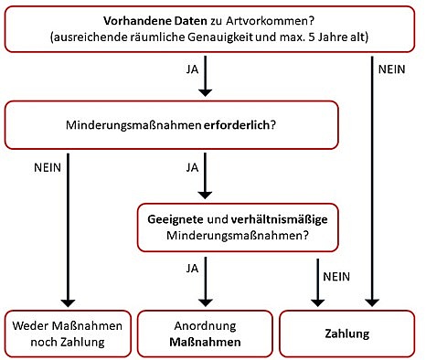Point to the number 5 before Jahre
point(312,37)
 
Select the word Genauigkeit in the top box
point(220,37)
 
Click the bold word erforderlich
point(237,125)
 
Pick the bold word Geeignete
point(176,219)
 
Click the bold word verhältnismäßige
point(279,219)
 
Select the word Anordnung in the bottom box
point(205,326)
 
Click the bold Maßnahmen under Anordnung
point(205,342)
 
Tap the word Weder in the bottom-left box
point(29,325)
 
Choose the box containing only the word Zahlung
point(347,334)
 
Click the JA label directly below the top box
point(192,69)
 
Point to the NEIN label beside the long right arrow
point(391,69)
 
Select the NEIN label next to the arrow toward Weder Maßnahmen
point(48,167)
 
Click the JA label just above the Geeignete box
point(192,167)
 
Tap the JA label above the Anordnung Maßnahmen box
point(192,269)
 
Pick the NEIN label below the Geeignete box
point(336,277)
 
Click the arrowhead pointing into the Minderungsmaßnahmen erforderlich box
point(205,92)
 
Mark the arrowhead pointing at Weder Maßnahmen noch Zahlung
point(68,302)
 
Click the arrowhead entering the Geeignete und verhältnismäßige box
point(205,195)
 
